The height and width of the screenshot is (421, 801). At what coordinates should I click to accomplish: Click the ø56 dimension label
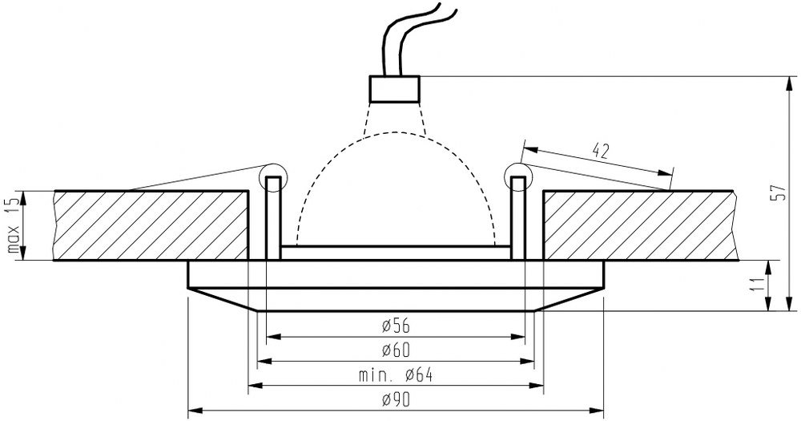click(396, 325)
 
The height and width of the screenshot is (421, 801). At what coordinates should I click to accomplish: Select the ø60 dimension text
click(396, 350)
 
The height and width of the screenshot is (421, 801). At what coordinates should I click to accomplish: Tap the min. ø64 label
click(396, 376)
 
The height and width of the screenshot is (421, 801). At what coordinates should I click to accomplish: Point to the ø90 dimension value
click(396, 400)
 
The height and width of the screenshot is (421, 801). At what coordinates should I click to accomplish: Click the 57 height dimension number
click(779, 192)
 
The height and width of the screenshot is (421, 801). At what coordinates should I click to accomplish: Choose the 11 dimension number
click(758, 285)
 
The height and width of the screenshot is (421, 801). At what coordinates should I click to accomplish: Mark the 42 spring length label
click(601, 151)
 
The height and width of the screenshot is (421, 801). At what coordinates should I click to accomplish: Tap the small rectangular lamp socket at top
click(394, 89)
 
